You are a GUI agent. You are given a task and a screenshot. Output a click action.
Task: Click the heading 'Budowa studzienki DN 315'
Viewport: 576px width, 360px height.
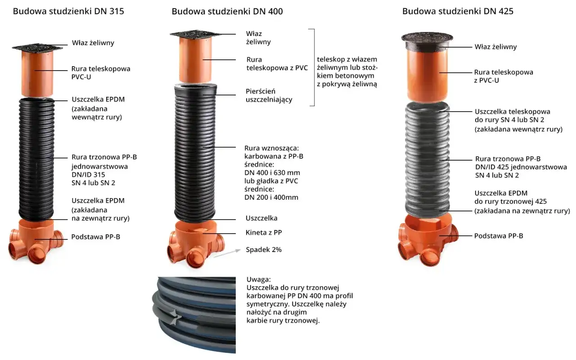68,11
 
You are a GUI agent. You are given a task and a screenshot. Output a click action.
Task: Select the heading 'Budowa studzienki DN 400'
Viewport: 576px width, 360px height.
227,11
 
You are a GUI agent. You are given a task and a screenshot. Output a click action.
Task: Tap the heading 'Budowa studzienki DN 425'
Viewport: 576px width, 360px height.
458,11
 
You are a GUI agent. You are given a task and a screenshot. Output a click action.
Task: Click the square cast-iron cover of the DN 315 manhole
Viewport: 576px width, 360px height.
37,47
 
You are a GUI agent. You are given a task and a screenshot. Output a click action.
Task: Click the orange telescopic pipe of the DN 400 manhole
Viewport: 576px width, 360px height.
195,60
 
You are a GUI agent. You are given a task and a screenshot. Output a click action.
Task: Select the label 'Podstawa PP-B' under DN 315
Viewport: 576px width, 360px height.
96,237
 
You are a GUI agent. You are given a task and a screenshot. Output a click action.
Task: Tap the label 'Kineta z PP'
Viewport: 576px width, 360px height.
264,233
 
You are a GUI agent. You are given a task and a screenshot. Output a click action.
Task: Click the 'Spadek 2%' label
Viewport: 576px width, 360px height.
264,250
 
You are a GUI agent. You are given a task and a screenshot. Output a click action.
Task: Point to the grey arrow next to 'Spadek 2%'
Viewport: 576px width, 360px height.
227,253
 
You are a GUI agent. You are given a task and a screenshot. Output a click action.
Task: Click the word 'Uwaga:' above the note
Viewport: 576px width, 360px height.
258,279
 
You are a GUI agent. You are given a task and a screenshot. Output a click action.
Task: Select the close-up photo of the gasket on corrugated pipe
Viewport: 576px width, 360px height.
194,315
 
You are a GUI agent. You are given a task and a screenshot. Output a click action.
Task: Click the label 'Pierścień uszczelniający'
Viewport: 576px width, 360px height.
269,95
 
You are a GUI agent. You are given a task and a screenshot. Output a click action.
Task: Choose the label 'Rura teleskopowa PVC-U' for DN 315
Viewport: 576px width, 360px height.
101,73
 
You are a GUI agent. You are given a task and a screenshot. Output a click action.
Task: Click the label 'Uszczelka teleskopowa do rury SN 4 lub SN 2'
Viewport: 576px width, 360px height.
513,116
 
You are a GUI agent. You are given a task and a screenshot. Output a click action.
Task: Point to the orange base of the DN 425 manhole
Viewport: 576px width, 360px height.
427,239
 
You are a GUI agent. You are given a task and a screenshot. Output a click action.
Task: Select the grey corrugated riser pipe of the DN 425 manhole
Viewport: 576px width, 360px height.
427,159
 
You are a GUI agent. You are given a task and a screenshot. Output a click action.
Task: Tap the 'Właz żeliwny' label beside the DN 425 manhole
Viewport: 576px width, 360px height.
495,47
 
